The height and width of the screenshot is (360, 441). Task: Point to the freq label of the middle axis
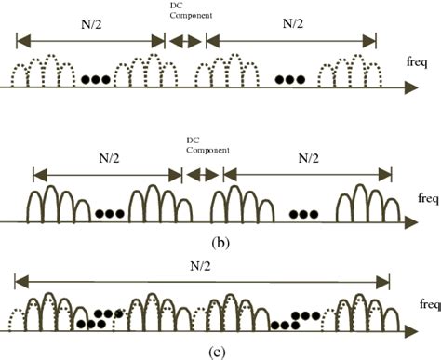point(427,197)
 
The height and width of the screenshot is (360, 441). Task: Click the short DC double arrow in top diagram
point(184,40)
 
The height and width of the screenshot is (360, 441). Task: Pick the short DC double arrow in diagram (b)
point(202,174)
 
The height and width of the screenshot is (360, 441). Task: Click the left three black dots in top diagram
point(95,79)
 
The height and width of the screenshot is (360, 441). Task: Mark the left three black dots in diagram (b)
point(110,214)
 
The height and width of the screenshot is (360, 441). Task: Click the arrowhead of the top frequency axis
point(409,88)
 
